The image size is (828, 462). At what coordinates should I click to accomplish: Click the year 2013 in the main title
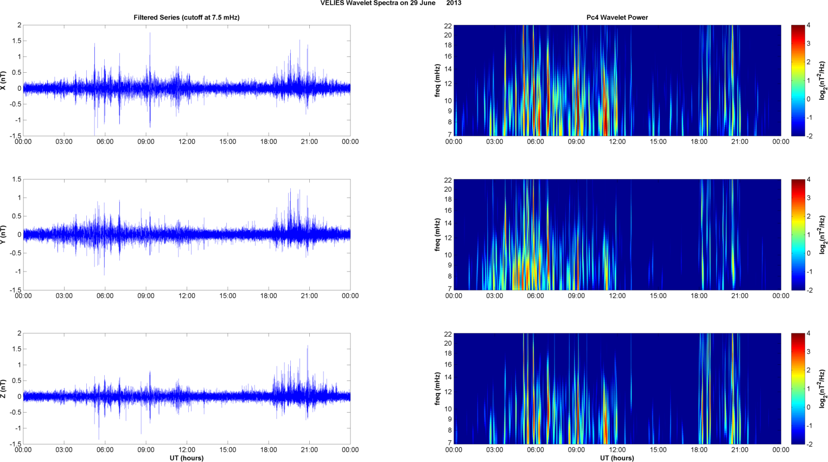point(454,3)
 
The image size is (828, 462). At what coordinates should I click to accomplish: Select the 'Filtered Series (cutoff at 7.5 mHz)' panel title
point(187,17)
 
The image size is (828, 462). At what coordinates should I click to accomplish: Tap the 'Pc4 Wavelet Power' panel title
point(617,17)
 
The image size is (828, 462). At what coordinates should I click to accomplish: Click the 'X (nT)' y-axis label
point(4,80)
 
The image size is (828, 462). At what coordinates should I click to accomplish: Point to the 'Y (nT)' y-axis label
point(4,235)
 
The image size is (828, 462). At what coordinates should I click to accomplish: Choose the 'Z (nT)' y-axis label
point(4,389)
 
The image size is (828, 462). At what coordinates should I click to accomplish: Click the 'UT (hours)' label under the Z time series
point(187,458)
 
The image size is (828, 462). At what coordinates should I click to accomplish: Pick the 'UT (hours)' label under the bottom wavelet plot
point(617,458)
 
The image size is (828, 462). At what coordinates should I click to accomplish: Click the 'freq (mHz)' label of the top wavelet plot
point(437,80)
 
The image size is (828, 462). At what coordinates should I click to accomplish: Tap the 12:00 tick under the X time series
point(187,142)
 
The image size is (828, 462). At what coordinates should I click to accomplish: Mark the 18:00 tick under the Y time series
point(269,296)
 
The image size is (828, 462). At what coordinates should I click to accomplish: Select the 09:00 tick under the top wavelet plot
point(576,142)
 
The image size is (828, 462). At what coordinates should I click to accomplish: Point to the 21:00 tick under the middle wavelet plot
point(740,296)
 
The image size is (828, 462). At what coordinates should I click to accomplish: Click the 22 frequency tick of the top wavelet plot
point(448,26)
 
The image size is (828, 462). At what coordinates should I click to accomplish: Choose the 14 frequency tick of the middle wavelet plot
point(448,223)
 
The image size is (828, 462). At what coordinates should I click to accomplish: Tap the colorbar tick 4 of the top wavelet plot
point(808,26)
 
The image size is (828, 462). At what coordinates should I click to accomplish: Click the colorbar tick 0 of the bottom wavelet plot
point(808,407)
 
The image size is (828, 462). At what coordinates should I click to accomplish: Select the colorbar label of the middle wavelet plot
point(823,235)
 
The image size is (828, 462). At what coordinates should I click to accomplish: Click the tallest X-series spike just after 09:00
point(150,34)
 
